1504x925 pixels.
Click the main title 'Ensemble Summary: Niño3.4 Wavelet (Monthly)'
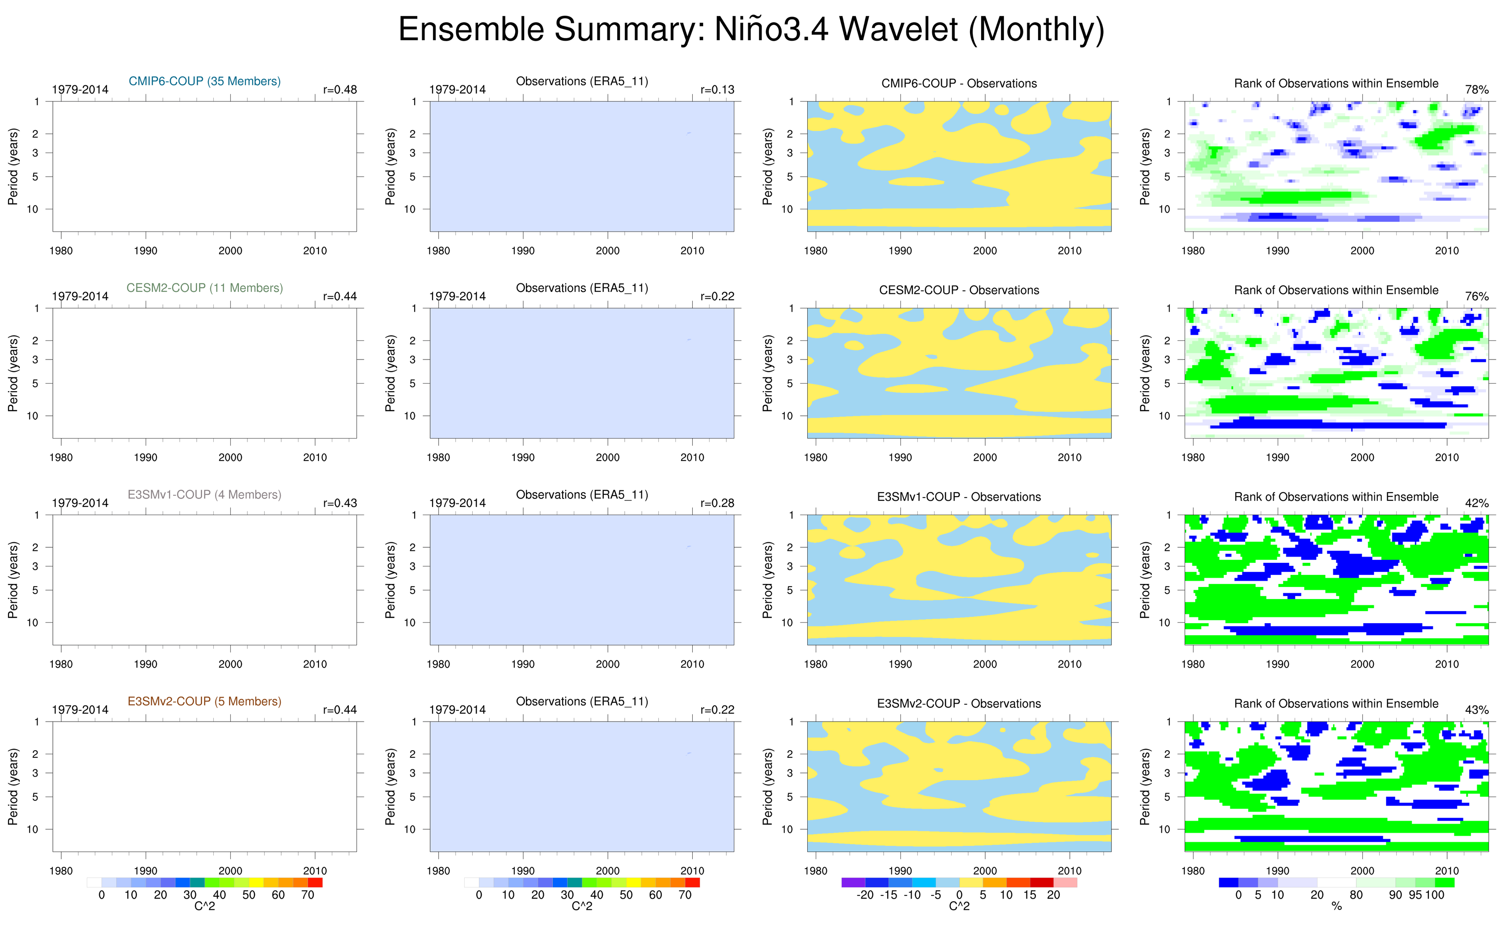pyautogui.click(x=751, y=30)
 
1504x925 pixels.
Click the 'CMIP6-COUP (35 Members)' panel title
pyautogui.click(x=204, y=81)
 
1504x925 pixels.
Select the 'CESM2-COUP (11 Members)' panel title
pyautogui.click(x=204, y=288)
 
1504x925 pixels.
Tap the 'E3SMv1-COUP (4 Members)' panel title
pyautogui.click(x=204, y=495)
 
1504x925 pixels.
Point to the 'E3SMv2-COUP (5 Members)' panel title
pyautogui.click(x=204, y=702)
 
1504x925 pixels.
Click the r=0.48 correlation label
pyautogui.click(x=339, y=90)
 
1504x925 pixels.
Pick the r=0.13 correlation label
pyautogui.click(x=717, y=90)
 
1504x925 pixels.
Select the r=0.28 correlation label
pyautogui.click(x=717, y=503)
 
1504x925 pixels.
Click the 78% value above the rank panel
pyautogui.click(x=1476, y=90)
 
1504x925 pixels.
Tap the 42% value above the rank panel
pyautogui.click(x=1476, y=503)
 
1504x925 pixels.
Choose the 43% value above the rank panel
pyautogui.click(x=1476, y=710)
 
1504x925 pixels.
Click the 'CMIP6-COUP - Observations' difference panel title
pyautogui.click(x=959, y=84)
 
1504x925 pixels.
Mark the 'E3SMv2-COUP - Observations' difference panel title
pyautogui.click(x=959, y=704)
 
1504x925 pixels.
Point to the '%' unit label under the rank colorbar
pyautogui.click(x=1336, y=907)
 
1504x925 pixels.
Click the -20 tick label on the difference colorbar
pyautogui.click(x=864, y=895)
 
